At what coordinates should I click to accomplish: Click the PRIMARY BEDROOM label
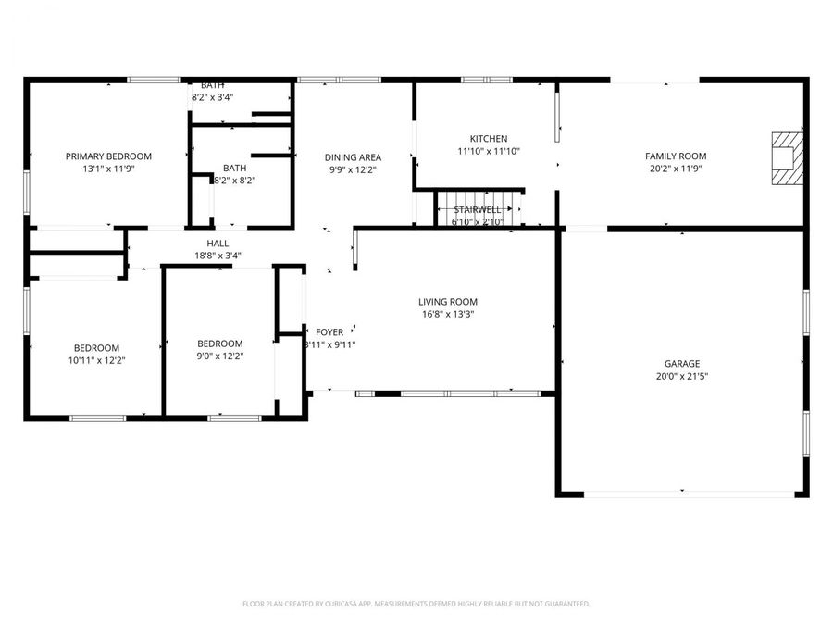click(108, 156)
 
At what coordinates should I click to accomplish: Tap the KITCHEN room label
click(489, 139)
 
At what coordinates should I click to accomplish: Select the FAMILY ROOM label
click(676, 156)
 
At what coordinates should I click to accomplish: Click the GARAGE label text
click(681, 364)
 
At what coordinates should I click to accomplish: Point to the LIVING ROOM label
click(448, 302)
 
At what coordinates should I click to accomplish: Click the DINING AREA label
click(354, 157)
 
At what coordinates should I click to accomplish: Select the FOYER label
click(329, 332)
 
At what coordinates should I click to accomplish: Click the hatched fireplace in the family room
click(788, 150)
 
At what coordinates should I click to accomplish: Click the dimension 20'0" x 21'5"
click(681, 376)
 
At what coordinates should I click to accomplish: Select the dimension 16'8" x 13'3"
click(448, 314)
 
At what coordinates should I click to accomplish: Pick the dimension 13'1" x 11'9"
click(108, 169)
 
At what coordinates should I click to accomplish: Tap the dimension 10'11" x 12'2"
click(97, 360)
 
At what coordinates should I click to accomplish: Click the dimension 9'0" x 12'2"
click(220, 356)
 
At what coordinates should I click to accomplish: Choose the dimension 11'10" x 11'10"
click(489, 151)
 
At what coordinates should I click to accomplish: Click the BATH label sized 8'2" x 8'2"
click(234, 169)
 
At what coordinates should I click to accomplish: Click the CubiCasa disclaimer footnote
click(416, 604)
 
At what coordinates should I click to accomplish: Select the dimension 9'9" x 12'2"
click(354, 169)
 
